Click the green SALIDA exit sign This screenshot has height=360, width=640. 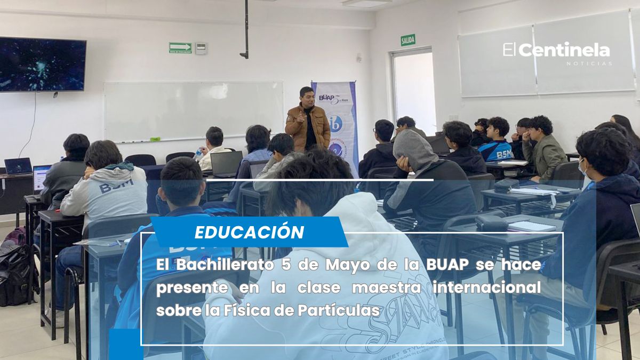(408, 40)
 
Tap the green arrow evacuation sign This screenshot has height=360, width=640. (180, 48)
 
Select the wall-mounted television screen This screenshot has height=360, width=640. (42, 65)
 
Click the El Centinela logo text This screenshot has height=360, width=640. (557, 51)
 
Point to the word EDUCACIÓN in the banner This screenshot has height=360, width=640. (249, 232)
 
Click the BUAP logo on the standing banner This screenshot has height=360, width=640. (327, 98)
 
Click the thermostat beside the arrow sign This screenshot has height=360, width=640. (201, 49)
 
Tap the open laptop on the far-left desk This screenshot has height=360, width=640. (18, 166)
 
